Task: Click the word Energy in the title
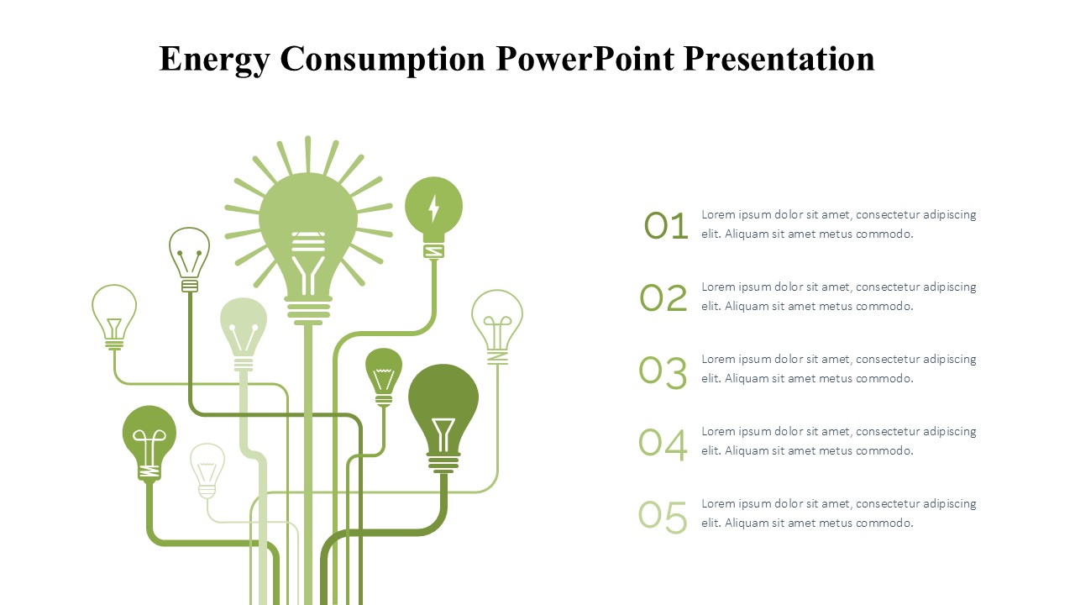pyautogui.click(x=214, y=60)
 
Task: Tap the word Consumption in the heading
pyautogui.click(x=382, y=60)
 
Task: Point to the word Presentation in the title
pyautogui.click(x=779, y=59)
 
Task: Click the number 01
pyautogui.click(x=666, y=226)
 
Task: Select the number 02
pyautogui.click(x=663, y=298)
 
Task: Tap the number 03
pyautogui.click(x=663, y=372)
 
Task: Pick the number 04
pyautogui.click(x=663, y=444)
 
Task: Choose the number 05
pyautogui.click(x=663, y=517)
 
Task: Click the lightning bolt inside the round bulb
pyautogui.click(x=433, y=208)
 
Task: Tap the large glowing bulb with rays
pyautogui.click(x=308, y=230)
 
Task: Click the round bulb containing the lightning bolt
pyautogui.click(x=433, y=217)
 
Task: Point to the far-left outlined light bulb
pyautogui.click(x=114, y=317)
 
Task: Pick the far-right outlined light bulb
pyautogui.click(x=497, y=327)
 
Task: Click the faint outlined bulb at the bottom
pyautogui.click(x=207, y=471)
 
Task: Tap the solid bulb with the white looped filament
pyautogui.click(x=149, y=443)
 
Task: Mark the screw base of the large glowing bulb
pyautogui.click(x=308, y=310)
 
